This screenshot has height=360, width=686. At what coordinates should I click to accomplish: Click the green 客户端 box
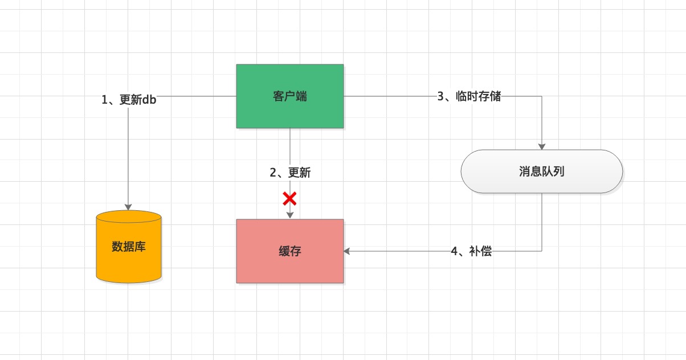click(290, 96)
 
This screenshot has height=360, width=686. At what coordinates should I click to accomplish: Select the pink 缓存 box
click(290, 251)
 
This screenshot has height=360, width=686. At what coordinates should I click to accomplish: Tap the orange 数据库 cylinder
click(129, 247)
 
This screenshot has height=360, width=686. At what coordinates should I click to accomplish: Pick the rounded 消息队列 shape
click(542, 171)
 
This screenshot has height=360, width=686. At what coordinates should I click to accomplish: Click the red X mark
click(289, 199)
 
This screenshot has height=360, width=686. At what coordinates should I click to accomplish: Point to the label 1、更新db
click(129, 100)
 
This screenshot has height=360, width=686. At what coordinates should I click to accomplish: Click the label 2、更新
click(290, 173)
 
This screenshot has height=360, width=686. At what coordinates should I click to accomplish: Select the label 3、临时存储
click(469, 96)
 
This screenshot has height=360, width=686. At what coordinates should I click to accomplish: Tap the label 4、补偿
click(471, 251)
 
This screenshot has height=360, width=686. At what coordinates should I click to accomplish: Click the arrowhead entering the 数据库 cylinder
click(128, 207)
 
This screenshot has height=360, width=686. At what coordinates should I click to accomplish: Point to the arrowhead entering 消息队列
click(542, 146)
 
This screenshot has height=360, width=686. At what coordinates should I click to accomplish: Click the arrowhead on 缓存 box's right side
click(347, 251)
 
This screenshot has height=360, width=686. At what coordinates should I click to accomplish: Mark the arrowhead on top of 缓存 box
click(290, 215)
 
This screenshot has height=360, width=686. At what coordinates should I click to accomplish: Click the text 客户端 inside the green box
click(290, 96)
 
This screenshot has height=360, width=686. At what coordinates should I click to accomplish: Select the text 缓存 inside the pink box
click(290, 251)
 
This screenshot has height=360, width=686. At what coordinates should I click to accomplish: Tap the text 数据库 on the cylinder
click(129, 247)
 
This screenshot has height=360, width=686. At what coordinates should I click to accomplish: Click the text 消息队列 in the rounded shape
click(542, 171)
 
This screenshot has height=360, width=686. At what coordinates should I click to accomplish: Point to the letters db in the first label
click(149, 100)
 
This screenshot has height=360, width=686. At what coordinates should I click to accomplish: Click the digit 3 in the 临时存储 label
click(440, 96)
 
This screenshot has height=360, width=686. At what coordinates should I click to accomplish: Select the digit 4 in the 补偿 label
click(454, 252)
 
